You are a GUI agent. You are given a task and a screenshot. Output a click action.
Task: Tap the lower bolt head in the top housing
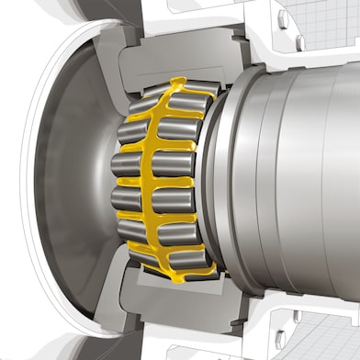coord(300,43)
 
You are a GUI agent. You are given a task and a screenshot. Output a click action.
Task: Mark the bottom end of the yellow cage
coord(184,276)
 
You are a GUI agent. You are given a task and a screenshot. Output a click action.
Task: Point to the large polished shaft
coord(303,184)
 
